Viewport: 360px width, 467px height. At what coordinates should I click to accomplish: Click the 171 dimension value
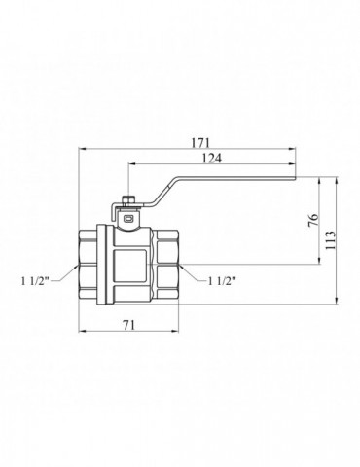click(x=200, y=143)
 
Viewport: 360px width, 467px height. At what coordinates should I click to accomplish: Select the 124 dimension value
click(x=212, y=159)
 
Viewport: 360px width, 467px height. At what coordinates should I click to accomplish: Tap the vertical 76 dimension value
click(x=313, y=221)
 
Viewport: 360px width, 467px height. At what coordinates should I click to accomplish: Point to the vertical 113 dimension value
click(x=330, y=240)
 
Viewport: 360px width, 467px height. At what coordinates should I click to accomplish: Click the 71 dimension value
click(x=128, y=325)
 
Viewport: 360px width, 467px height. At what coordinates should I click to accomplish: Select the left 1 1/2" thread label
click(x=35, y=281)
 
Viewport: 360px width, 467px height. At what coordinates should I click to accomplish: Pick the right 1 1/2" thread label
click(x=222, y=281)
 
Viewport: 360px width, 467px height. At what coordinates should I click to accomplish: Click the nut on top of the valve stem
click(x=128, y=200)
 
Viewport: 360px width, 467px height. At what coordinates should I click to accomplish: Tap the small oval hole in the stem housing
click(x=129, y=219)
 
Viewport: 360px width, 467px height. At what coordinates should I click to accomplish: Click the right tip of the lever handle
click(x=296, y=178)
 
